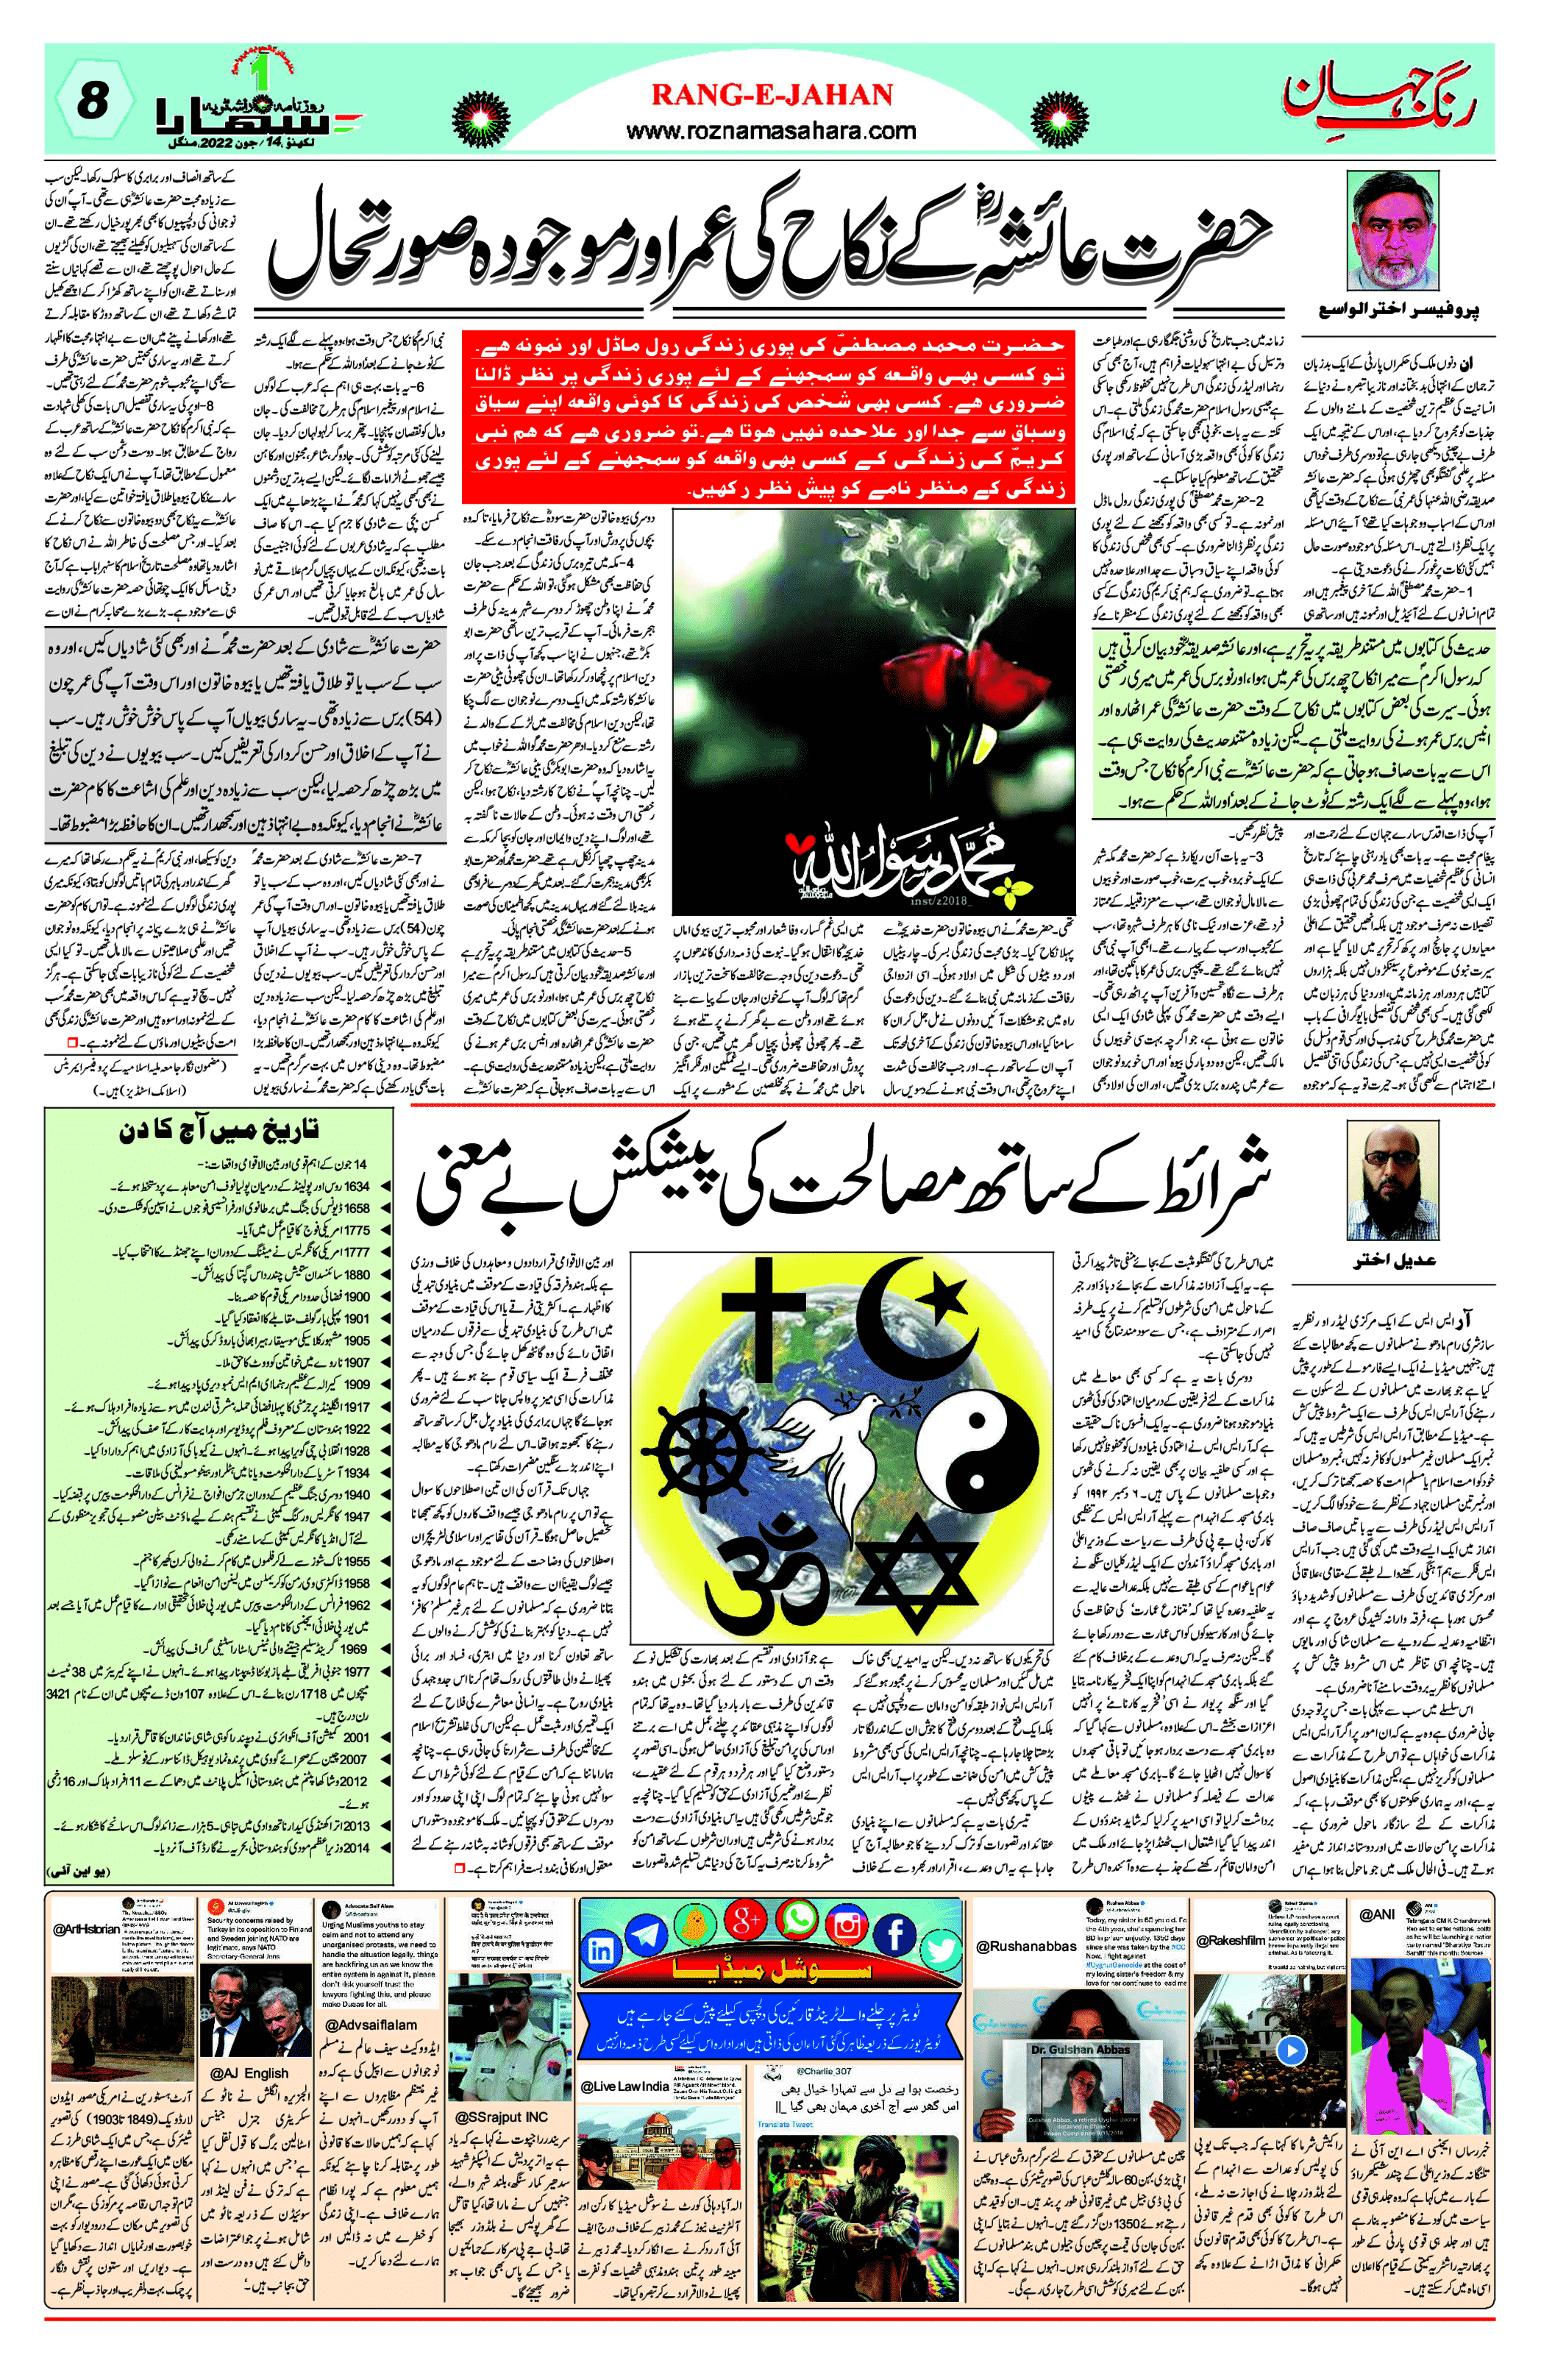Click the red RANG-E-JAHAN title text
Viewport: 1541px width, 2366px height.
[x=772, y=96]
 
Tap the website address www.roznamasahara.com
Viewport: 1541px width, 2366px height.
[x=772, y=130]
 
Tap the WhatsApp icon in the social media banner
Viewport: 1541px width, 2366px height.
[x=797, y=1922]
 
